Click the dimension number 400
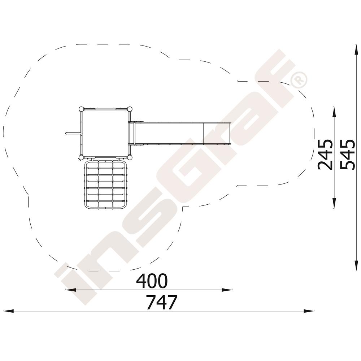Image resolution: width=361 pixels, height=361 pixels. (x=152, y=281)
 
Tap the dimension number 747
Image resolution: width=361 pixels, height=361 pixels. (x=162, y=302)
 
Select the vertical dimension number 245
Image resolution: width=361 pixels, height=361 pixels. (x=325, y=154)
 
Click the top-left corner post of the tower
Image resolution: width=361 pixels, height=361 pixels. (x=81, y=109)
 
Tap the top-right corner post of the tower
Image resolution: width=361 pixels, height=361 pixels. (x=130, y=109)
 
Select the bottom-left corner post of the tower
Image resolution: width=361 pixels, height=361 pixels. (x=81, y=158)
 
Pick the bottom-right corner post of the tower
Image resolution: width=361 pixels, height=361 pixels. (x=130, y=158)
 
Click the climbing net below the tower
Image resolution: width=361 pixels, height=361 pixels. (x=105, y=184)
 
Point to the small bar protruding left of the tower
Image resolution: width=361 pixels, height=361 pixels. (x=73, y=133)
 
